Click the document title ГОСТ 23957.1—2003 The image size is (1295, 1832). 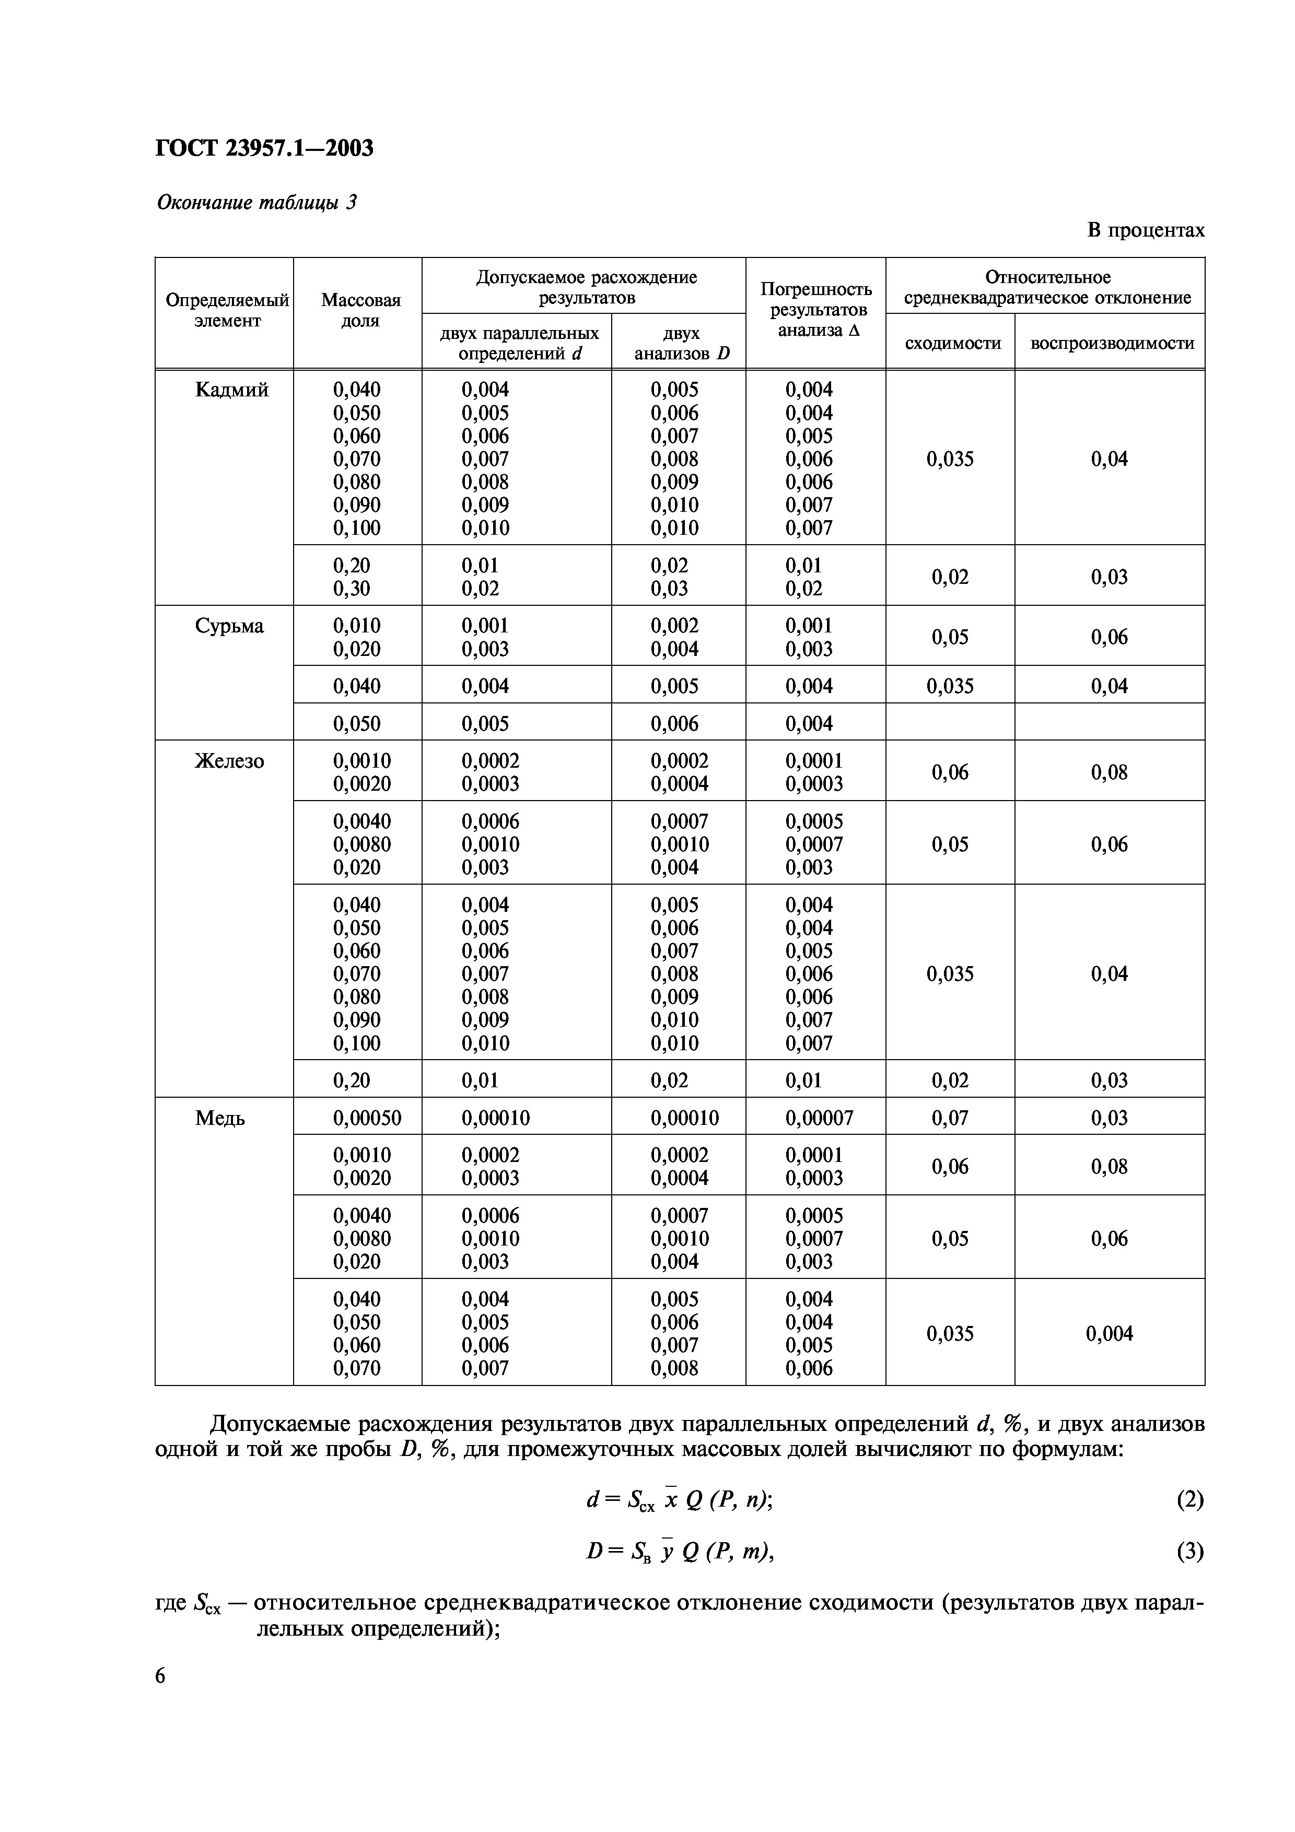(264, 148)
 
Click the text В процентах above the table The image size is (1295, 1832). (1145, 231)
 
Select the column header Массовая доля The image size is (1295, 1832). (360, 310)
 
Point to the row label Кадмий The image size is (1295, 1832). (231, 390)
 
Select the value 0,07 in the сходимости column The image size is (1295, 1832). (950, 1119)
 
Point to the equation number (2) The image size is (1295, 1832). (1189, 1500)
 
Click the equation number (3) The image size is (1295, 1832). (1189, 1551)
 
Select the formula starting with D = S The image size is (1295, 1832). (680, 1551)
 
